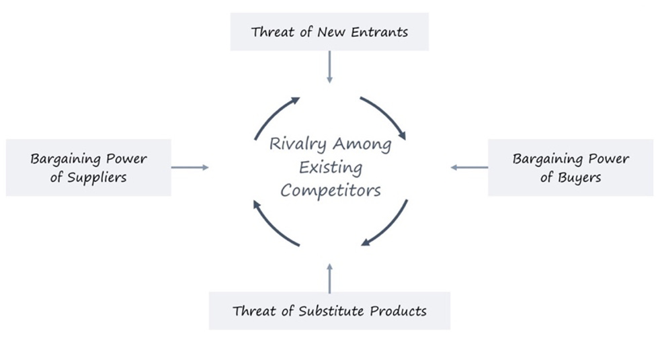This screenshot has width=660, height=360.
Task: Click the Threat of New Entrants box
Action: pyautogui.click(x=329, y=32)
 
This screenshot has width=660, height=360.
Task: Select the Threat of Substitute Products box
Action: pyautogui.click(x=329, y=311)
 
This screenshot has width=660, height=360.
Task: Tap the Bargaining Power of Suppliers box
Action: pyautogui.click(x=88, y=168)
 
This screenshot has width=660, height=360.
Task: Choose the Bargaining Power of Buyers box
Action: pyautogui.click(x=571, y=168)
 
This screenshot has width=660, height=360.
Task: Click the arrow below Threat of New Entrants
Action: pyautogui.click(x=329, y=67)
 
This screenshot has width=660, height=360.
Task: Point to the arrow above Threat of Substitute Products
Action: pyautogui.click(x=329, y=278)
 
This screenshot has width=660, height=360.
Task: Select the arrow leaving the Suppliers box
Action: pyautogui.click(x=190, y=167)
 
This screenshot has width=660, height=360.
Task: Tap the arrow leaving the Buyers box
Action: pyautogui.click(x=469, y=167)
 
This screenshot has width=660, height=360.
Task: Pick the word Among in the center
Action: pyautogui.click(x=362, y=144)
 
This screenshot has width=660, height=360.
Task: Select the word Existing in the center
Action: pyautogui.click(x=331, y=167)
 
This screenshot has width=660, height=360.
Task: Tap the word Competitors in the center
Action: pyautogui.click(x=331, y=190)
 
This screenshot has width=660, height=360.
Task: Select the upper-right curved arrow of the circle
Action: pyautogui.click(x=386, y=116)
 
